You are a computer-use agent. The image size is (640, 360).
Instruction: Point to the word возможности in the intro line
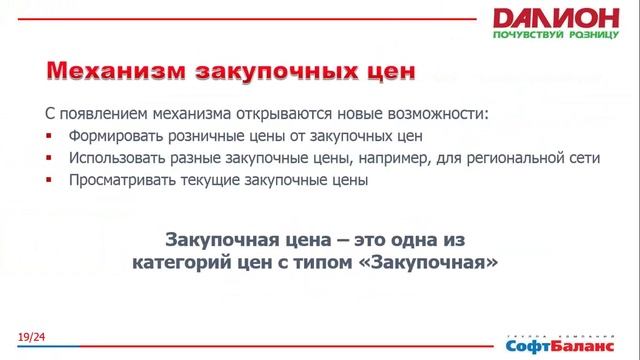[x=437, y=112]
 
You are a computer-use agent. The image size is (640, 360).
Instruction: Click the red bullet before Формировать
[x=49, y=135]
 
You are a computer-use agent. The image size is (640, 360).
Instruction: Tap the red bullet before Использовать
[x=49, y=158]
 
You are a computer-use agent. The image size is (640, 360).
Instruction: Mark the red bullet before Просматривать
[x=49, y=181]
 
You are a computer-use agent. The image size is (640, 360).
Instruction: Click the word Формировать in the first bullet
[x=114, y=135]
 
